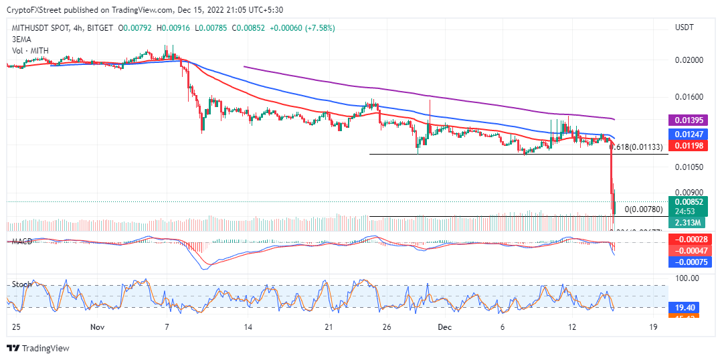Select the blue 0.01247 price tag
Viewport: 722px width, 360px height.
(689, 134)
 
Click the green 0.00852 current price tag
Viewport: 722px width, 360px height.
(689, 201)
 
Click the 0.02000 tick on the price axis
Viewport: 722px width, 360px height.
(689, 60)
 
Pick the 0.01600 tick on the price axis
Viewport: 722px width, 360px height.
(689, 97)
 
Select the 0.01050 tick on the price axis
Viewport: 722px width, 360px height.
(689, 167)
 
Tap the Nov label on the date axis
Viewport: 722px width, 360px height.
(98, 327)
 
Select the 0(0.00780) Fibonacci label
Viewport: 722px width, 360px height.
(644, 209)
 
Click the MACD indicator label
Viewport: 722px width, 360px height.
(23, 241)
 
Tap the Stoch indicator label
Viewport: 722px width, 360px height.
(21, 284)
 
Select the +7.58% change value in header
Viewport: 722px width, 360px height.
(319, 28)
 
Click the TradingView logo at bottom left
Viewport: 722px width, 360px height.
(38, 348)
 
